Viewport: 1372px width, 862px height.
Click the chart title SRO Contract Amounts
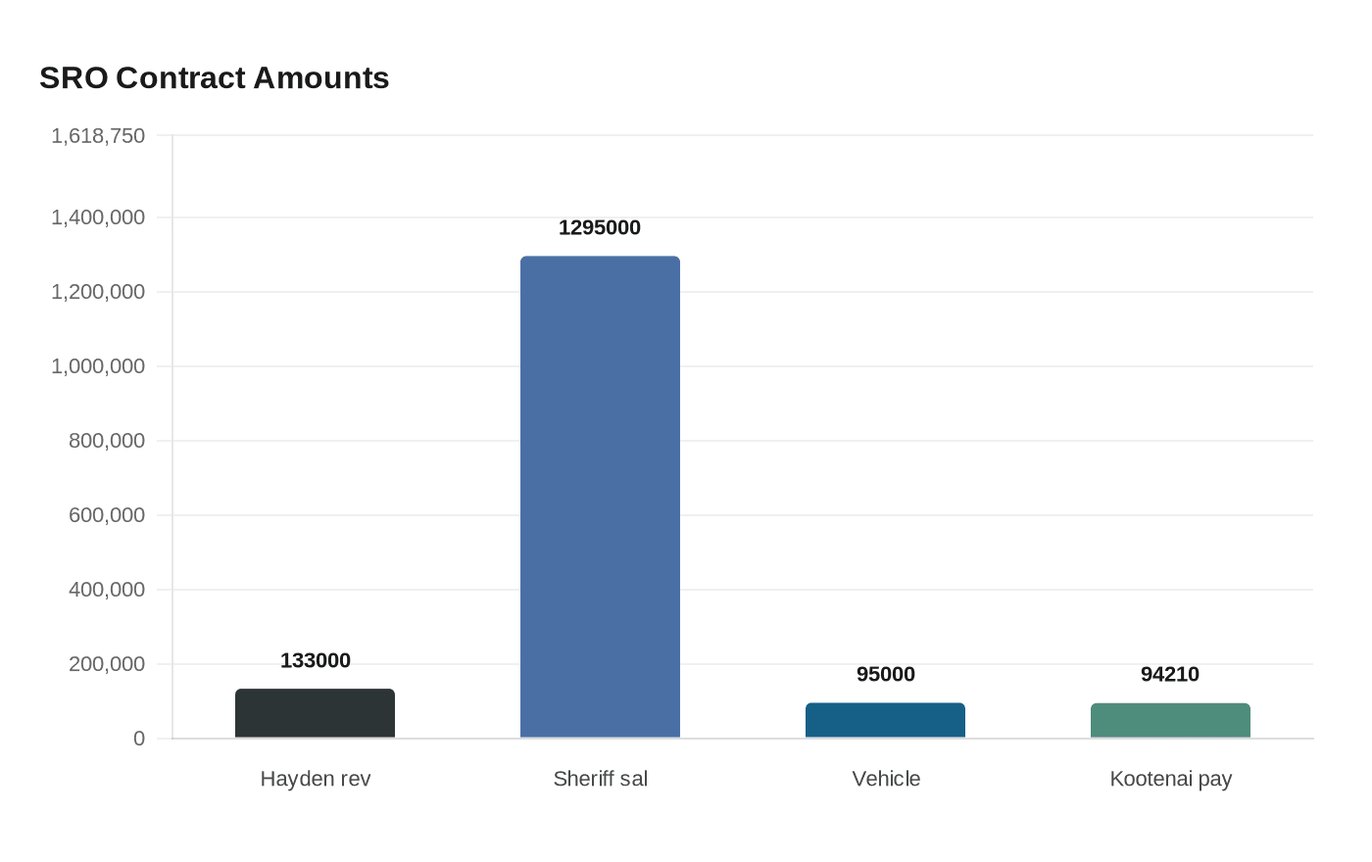coord(214,77)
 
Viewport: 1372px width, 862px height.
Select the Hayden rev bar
coord(315,713)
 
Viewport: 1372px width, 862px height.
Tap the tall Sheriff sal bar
coord(600,497)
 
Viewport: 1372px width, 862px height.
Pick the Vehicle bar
coord(885,720)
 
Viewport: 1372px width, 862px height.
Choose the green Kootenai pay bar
coord(1170,720)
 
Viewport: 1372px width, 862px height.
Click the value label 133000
coord(315,660)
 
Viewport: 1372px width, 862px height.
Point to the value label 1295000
coord(600,227)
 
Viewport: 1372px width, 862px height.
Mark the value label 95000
coord(885,674)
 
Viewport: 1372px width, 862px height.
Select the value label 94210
coord(1170,674)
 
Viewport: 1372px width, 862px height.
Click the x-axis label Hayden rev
coord(315,779)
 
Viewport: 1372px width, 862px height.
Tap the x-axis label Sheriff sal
coord(600,779)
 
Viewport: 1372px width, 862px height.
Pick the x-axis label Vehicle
coord(885,779)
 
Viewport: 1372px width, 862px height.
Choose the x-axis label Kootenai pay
coord(1170,779)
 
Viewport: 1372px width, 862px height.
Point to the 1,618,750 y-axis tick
coord(98,135)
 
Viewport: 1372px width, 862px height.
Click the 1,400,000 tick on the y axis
coord(98,217)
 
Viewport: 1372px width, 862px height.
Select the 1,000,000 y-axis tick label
coord(98,366)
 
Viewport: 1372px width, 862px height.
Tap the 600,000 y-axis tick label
coord(107,515)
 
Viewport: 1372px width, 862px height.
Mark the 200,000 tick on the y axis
coord(107,664)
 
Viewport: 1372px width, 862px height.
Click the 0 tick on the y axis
coord(139,739)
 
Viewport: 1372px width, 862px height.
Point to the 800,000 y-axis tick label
coord(107,441)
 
